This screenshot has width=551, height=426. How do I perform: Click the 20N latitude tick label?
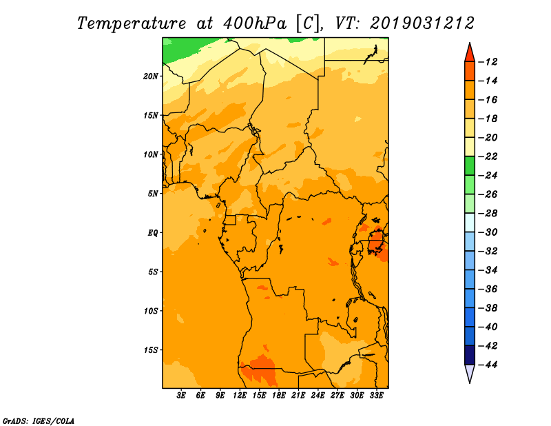pyautogui.click(x=151, y=77)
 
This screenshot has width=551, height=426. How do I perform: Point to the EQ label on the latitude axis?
pyautogui.click(x=153, y=233)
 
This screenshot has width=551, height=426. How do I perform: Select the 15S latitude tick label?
pyautogui.click(x=151, y=350)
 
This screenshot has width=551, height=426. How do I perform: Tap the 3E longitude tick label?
pyautogui.click(x=181, y=396)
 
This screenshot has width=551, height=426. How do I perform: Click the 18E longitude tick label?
pyautogui.click(x=279, y=396)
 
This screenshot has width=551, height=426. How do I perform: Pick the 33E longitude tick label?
pyautogui.click(x=376, y=396)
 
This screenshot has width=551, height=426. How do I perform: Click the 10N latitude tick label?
pyautogui.click(x=151, y=154)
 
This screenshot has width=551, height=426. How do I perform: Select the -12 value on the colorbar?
pyautogui.click(x=488, y=62)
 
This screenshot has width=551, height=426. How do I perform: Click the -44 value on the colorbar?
pyautogui.click(x=488, y=365)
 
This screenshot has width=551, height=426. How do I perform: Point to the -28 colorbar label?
pyautogui.click(x=488, y=214)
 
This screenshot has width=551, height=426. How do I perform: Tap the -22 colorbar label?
pyautogui.click(x=488, y=156)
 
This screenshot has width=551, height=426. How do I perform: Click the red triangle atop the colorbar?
pyautogui.click(x=470, y=54)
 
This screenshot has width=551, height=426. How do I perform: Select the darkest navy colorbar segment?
pyautogui.click(x=470, y=355)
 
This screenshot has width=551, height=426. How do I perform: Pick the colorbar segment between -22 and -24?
pyautogui.click(x=470, y=166)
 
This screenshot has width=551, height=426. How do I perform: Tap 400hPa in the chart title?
pyautogui.click(x=254, y=23)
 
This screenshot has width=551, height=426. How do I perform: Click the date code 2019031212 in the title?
pyautogui.click(x=422, y=23)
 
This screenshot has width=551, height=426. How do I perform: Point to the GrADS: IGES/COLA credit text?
pyautogui.click(x=39, y=421)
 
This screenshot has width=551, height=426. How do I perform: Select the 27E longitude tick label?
pyautogui.click(x=337, y=396)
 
